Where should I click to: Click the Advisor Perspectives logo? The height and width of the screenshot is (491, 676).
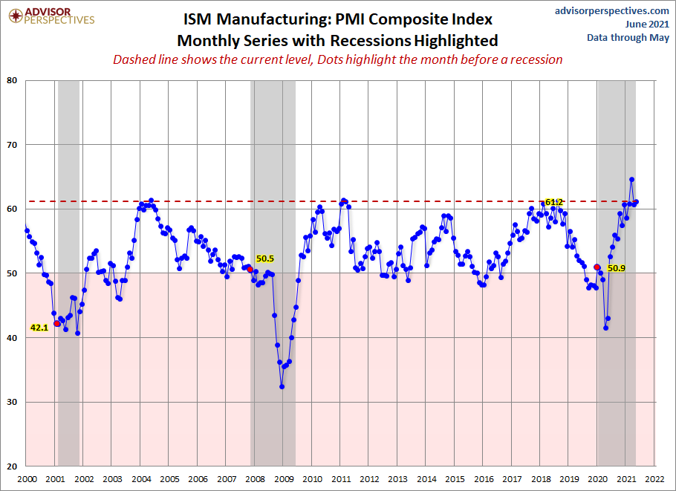[x=51, y=16]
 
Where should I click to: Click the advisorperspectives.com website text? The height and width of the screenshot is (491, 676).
[x=612, y=10]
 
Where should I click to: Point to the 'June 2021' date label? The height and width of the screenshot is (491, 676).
[x=647, y=24]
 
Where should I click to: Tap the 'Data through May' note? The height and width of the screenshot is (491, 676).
[x=628, y=37]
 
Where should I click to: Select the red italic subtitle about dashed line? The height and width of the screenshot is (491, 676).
[x=337, y=59]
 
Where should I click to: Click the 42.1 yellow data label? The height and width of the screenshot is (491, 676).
[x=39, y=328]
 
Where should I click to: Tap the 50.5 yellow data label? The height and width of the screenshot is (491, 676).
[x=265, y=258]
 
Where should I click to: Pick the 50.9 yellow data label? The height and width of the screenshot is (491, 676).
[x=616, y=268]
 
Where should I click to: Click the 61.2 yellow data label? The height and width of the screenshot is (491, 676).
[x=554, y=202]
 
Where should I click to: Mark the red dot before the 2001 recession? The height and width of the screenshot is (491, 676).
[x=57, y=324]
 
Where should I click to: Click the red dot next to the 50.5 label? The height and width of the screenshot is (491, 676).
[x=250, y=270]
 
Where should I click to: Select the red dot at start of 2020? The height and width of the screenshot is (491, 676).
[x=597, y=267]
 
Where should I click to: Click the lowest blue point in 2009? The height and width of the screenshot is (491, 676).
[x=282, y=387]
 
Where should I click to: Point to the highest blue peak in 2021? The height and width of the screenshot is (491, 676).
[x=631, y=179]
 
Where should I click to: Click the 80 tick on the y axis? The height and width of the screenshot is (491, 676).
[x=12, y=80]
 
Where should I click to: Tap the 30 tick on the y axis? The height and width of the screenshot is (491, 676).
[x=12, y=402]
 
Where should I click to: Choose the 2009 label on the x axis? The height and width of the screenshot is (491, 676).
[x=284, y=479]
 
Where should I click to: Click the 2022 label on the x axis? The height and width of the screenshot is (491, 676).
[x=655, y=479]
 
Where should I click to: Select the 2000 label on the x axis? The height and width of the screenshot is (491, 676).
[x=27, y=479]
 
